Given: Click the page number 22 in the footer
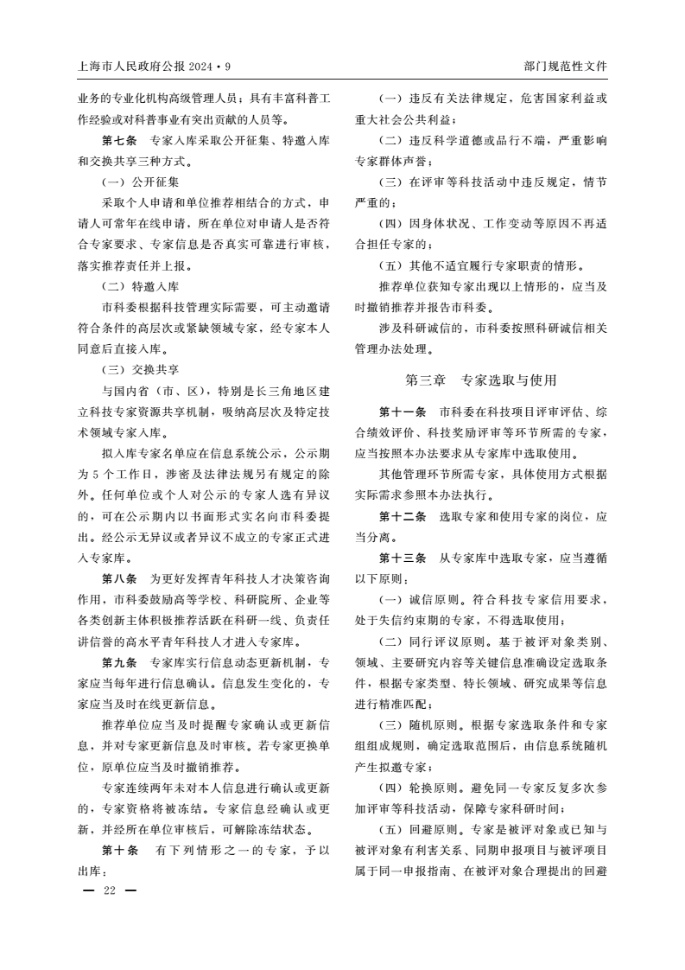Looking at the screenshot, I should tap(109, 890).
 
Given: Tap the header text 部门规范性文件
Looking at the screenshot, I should tap(565, 66).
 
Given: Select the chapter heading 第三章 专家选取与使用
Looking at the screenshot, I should tap(481, 380).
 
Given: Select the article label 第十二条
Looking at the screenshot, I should tap(403, 516).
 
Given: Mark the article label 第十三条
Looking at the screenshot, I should tap(403, 558).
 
